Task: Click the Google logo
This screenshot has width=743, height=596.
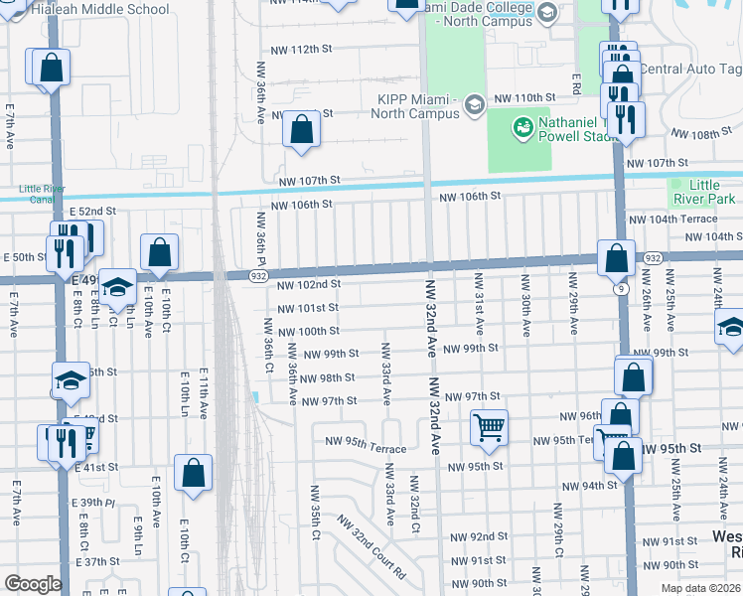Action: coord(32,584)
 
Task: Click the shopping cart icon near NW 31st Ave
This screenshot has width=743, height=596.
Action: coord(489,427)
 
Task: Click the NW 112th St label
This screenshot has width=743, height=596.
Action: coord(303,49)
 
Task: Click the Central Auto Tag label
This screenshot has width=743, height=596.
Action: coord(689,70)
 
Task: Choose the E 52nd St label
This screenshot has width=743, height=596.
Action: coord(90,212)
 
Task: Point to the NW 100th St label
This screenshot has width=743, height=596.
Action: coord(308,331)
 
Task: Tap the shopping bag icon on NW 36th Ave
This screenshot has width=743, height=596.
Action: coord(302,129)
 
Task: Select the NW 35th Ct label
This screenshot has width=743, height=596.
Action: coord(315,507)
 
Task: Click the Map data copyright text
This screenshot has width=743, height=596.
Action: coord(699,588)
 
